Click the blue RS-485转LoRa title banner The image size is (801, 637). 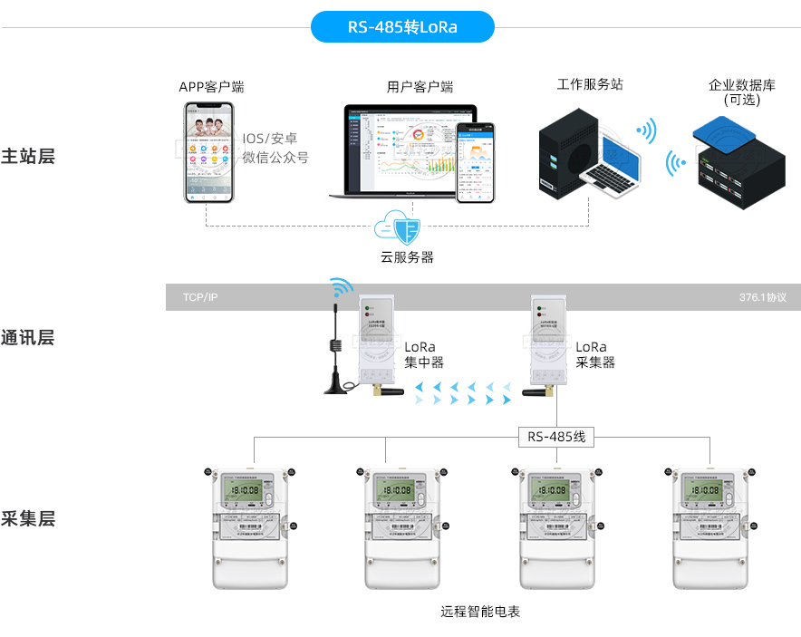coord(402,27)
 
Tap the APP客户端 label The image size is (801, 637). coord(211,87)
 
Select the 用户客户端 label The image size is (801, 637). coord(420,87)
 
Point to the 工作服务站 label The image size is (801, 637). coord(590,84)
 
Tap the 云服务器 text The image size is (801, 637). coord(407,257)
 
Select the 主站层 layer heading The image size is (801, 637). coord(28,156)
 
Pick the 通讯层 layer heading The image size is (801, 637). coord(28,338)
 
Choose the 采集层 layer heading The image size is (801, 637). coord(28,518)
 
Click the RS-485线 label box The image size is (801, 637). coord(556,437)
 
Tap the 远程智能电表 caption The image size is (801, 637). coord(480,612)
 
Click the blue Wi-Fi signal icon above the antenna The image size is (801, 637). coord(342,288)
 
